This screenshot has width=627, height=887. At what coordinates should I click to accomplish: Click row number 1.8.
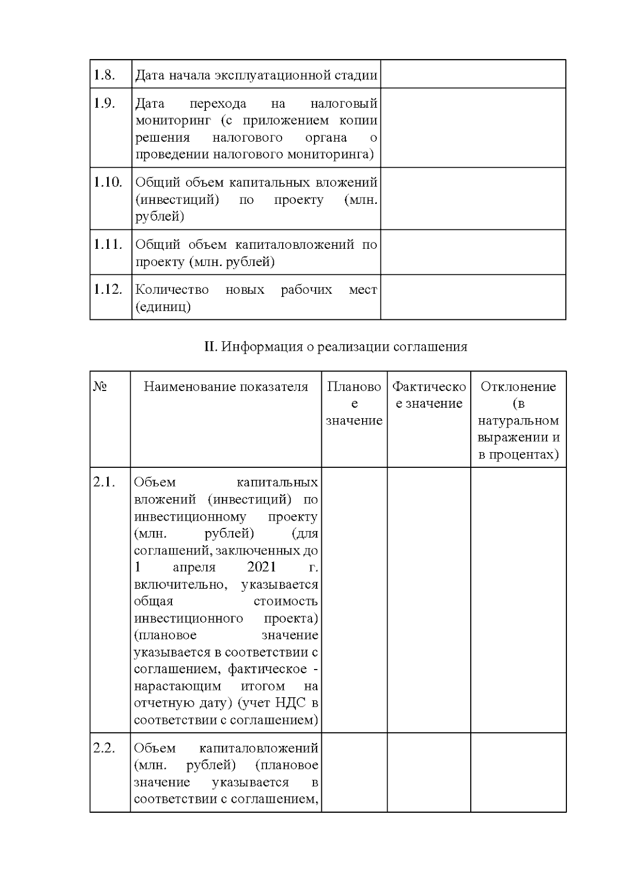[104, 75]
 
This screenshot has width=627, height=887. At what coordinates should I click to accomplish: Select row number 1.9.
[104, 103]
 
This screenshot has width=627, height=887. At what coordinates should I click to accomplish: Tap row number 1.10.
[108, 182]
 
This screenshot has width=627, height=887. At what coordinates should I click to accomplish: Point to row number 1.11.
[108, 244]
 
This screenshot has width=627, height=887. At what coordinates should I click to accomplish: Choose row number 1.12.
[108, 289]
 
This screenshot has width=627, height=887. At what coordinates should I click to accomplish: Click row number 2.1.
[104, 482]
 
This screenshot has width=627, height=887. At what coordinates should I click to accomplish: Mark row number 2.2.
[104, 748]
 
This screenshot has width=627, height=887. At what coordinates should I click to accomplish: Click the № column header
[100, 387]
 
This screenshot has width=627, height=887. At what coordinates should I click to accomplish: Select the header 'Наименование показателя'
[226, 387]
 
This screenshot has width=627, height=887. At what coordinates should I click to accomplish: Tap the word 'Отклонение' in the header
[518, 387]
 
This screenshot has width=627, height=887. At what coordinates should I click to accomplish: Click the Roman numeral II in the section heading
[210, 347]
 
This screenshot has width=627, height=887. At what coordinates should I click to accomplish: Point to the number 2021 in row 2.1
[261, 567]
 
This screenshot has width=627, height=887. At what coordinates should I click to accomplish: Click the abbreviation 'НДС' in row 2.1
[292, 703]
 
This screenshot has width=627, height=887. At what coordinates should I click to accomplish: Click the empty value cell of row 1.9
[473, 128]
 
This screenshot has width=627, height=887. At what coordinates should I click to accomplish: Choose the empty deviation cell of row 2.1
[518, 600]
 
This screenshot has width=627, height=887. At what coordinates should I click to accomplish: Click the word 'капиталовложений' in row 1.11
[295, 245]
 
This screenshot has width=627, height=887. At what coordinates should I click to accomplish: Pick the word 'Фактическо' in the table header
[429, 387]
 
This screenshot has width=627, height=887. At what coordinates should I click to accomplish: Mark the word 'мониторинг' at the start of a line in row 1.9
[173, 121]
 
